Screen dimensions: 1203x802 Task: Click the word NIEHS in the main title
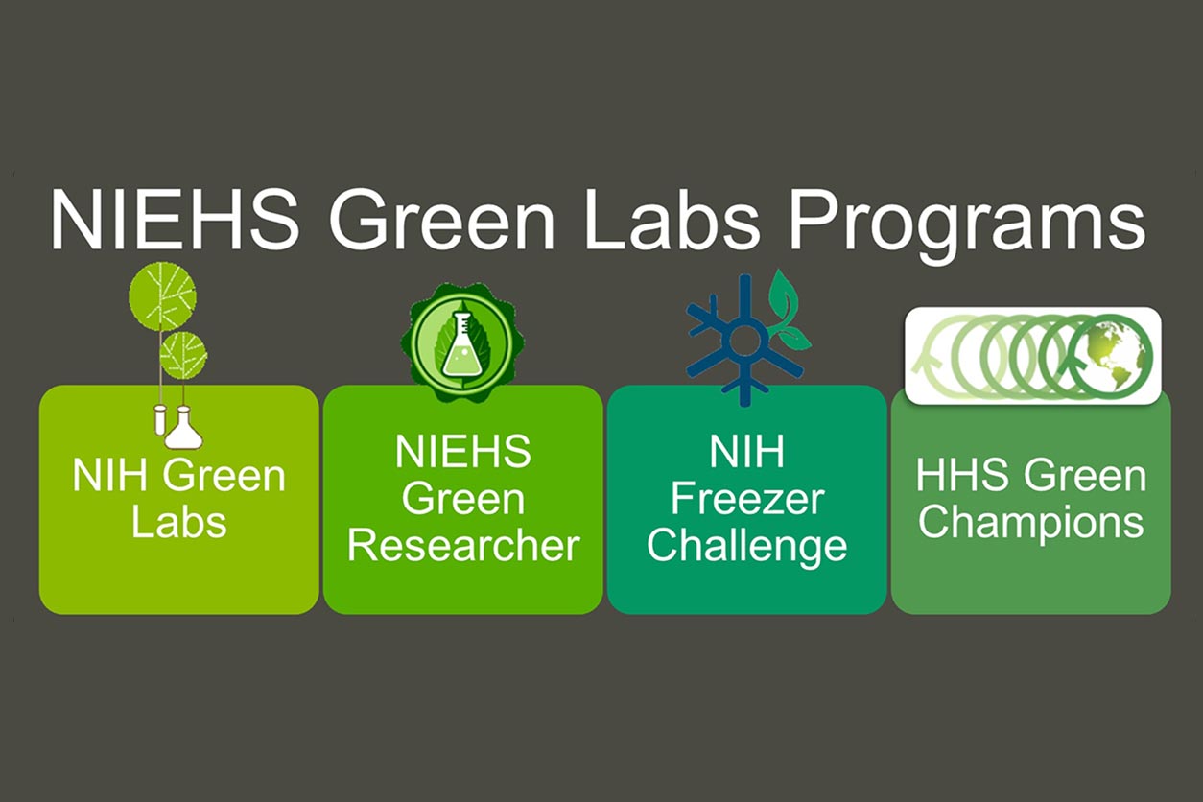pyautogui.click(x=176, y=220)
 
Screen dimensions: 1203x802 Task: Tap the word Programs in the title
pyautogui.click(x=967, y=225)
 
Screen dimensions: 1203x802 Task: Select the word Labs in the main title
pyautogui.click(x=672, y=220)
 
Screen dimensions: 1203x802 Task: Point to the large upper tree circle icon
pyautogui.click(x=162, y=296)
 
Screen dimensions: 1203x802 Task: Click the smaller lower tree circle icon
pyautogui.click(x=183, y=355)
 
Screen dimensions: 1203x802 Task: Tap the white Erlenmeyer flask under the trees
pyautogui.click(x=183, y=428)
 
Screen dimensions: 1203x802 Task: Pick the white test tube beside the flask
pyautogui.click(x=160, y=420)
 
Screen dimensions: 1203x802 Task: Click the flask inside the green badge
pyautogui.click(x=460, y=344)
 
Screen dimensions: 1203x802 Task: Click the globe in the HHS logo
pyautogui.click(x=1110, y=355)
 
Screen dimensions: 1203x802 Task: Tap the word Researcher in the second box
pyautogui.click(x=463, y=547)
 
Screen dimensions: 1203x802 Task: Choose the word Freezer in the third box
pyautogui.click(x=747, y=500)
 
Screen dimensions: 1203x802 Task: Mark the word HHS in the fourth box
pyautogui.click(x=962, y=476)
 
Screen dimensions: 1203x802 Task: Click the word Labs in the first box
pyautogui.click(x=178, y=522)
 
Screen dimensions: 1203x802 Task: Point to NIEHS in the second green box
pyautogui.click(x=463, y=452)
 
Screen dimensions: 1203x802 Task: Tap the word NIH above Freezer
pyautogui.click(x=746, y=452)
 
